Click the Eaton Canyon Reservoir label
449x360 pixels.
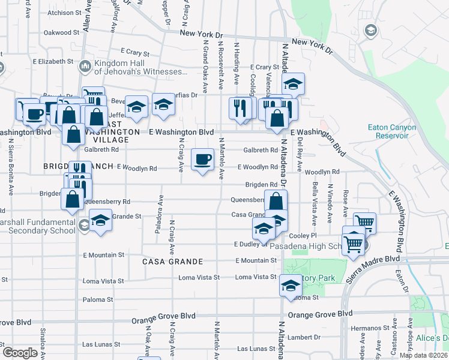[388, 131]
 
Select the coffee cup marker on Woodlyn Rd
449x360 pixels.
[202, 160]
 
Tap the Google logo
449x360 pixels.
[20, 352]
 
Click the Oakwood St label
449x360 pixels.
[62, 32]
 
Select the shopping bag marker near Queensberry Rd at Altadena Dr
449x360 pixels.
[276, 201]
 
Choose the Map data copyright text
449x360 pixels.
[423, 355]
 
